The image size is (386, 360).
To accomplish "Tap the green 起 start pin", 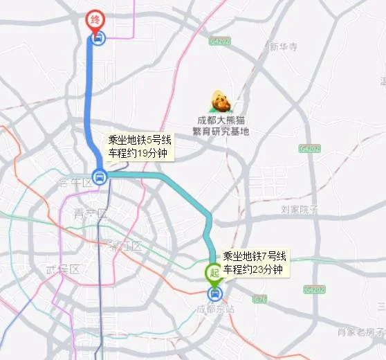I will [214, 273].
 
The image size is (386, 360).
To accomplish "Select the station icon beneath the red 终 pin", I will [98, 39].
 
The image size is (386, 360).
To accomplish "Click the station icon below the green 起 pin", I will [215, 294].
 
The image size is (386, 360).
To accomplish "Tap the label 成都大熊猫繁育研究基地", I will [222, 125].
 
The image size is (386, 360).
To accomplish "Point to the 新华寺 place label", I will [283, 47].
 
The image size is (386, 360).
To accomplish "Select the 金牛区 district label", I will [75, 183].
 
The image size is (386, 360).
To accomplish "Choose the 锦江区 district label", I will [124, 246].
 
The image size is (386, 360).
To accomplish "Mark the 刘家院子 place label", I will [299, 208].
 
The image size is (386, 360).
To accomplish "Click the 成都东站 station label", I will [215, 309].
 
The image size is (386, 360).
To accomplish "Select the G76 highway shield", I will [260, 298].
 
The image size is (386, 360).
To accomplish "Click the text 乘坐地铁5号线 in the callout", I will [138, 138].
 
